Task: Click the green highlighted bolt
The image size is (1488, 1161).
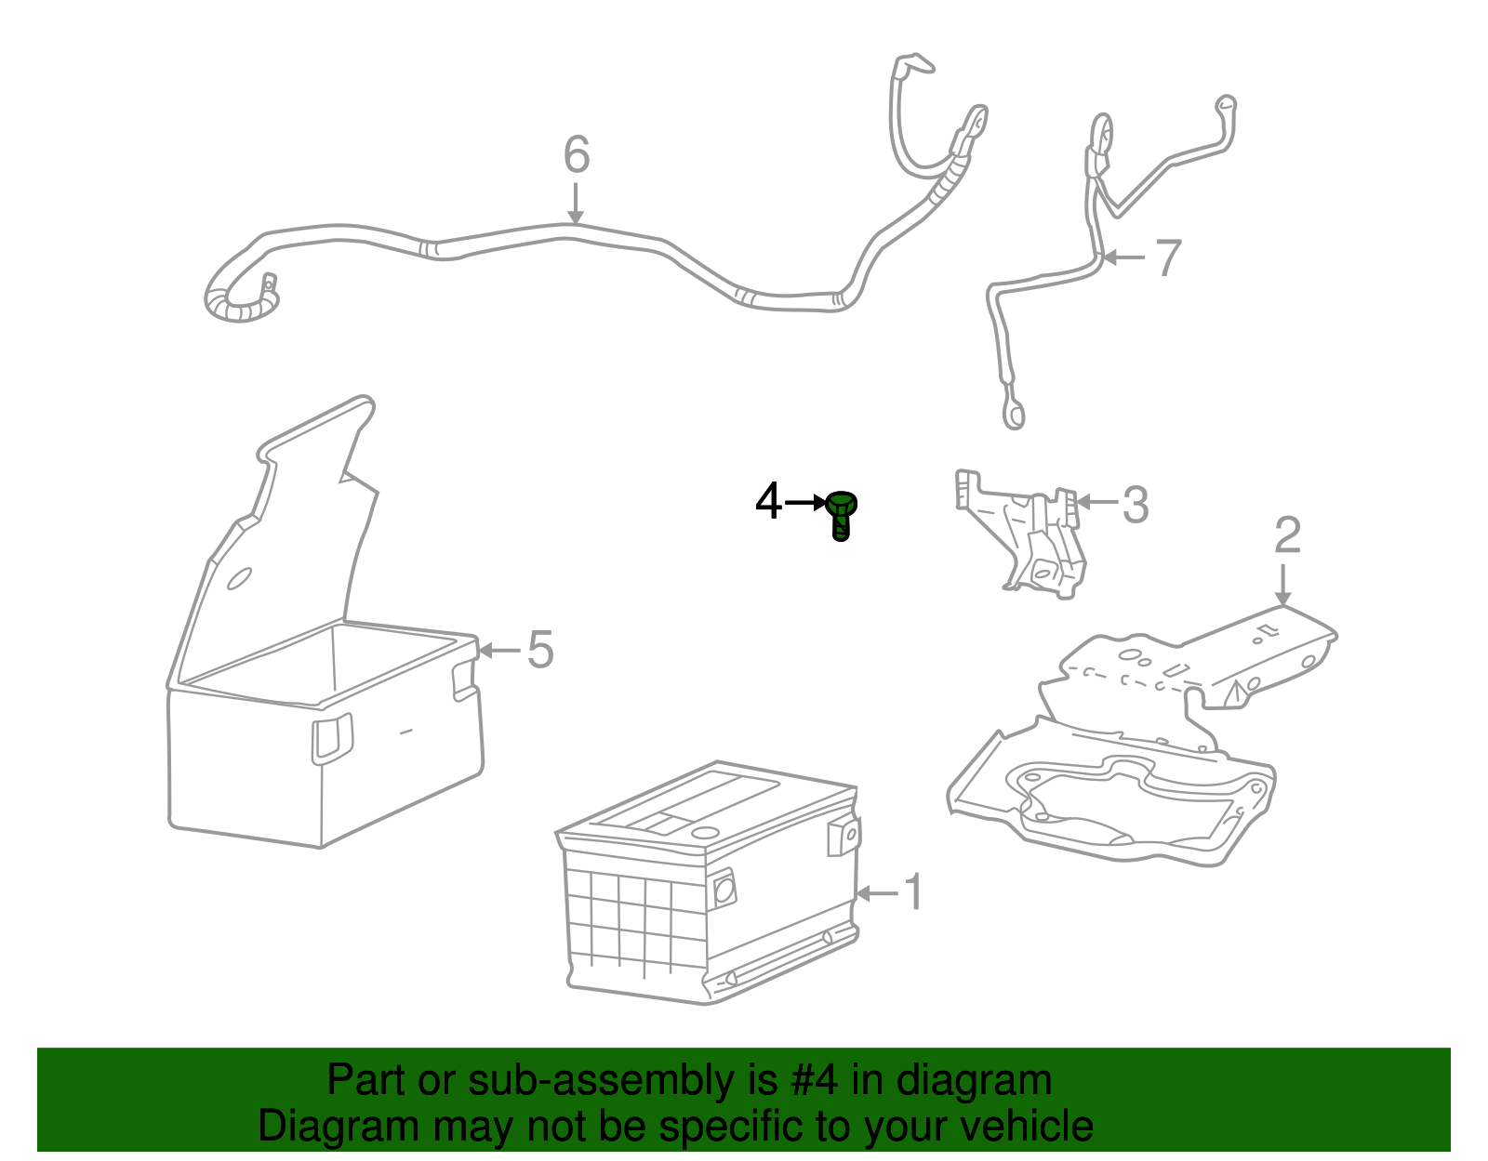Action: (841, 515)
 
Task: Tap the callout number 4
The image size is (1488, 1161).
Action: (767, 501)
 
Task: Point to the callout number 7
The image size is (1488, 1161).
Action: (1168, 257)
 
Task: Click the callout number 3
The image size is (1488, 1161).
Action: (1136, 505)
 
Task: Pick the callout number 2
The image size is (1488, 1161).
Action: (1287, 535)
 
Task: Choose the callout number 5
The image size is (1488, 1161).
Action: (540, 649)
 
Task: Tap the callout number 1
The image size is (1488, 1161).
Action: (914, 891)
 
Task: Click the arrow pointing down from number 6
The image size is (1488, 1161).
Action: (576, 204)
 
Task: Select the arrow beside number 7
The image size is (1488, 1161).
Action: (1124, 257)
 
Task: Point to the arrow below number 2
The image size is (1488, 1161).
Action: (1283, 585)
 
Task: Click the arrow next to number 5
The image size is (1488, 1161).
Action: (498, 650)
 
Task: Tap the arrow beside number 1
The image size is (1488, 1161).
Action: (877, 892)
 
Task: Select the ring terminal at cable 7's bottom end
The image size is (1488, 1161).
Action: (1014, 415)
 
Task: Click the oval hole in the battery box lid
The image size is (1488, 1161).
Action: (239, 578)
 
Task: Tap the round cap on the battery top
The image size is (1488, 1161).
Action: (705, 833)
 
